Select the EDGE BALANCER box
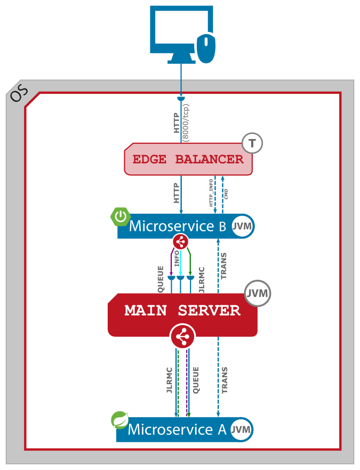tap(188, 159)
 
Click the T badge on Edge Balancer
tap(253, 143)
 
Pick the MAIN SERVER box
tap(182, 311)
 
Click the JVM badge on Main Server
tap(258, 293)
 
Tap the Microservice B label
tap(178, 226)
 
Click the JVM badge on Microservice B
tap(242, 226)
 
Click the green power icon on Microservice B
tap(121, 216)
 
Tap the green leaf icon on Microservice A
tap(120, 420)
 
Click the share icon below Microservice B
tap(180, 242)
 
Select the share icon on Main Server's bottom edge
tap(182, 337)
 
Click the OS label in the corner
tap(18, 95)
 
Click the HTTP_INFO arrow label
tap(211, 193)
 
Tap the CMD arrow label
tap(226, 193)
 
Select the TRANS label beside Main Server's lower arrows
tap(225, 380)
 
